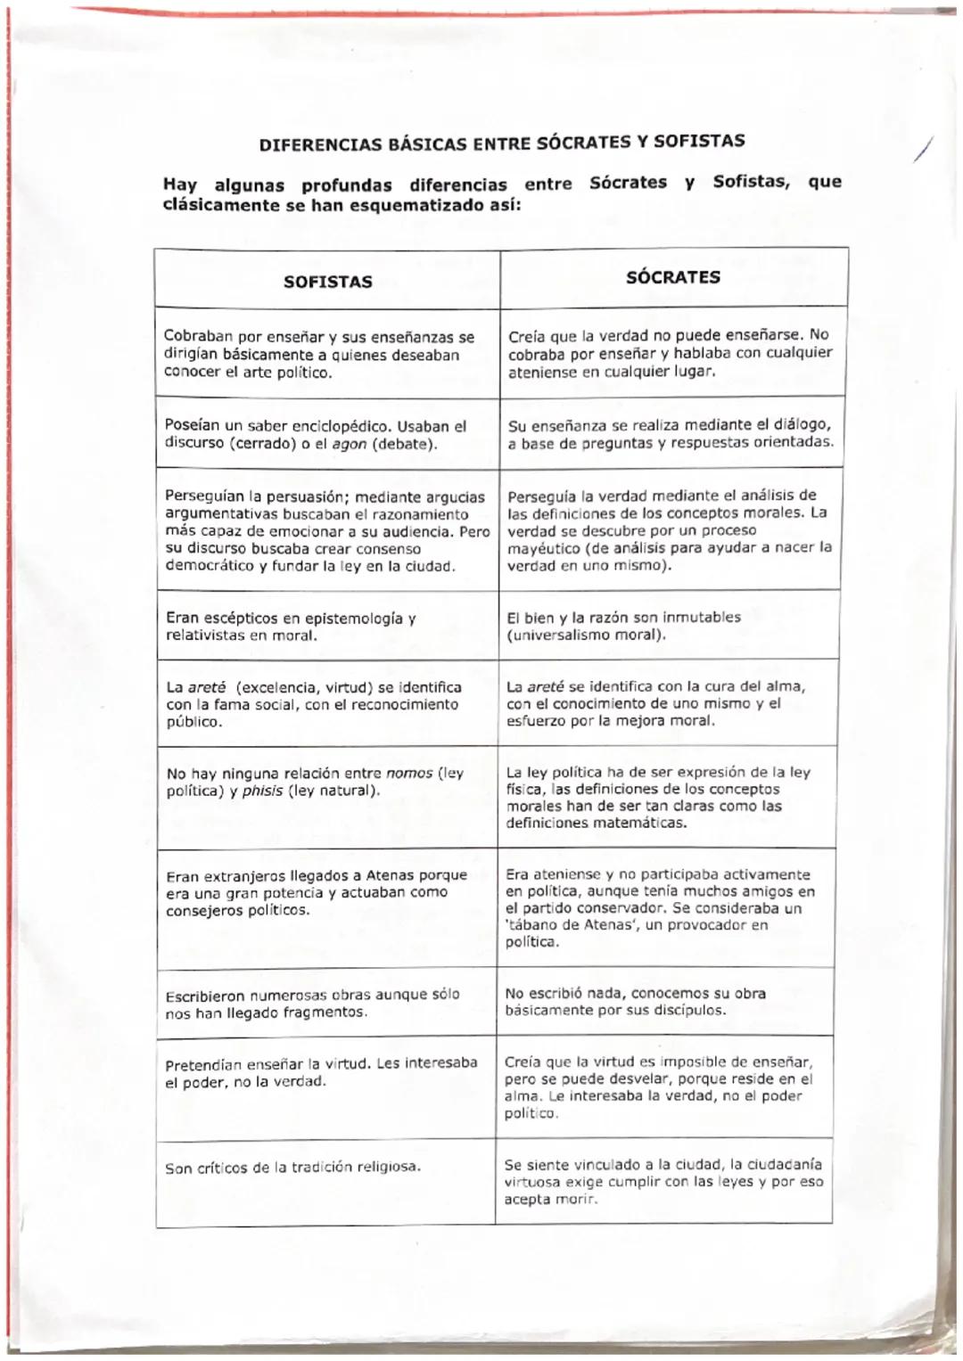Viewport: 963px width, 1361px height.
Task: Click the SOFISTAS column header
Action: (327, 282)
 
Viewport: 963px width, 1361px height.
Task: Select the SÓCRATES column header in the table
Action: (672, 276)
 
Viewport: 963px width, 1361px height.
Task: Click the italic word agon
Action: (349, 444)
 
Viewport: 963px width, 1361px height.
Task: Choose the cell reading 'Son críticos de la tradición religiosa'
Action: (293, 1168)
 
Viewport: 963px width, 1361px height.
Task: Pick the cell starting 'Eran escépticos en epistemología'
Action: (291, 627)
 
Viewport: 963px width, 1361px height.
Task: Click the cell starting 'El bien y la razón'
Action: (624, 626)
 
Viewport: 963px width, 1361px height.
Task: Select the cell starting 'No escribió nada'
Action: (635, 1002)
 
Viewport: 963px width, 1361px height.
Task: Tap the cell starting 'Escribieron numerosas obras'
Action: (312, 1004)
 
